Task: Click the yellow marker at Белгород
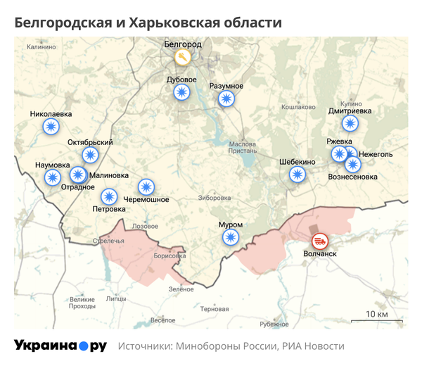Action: point(182,56)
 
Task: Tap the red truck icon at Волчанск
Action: point(319,241)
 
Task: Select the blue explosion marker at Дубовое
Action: point(182,92)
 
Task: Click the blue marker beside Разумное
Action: point(226,99)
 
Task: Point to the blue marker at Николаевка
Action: point(51,127)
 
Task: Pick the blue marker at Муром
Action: point(230,237)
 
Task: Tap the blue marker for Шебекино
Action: point(298,175)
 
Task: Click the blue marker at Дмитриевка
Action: point(350,124)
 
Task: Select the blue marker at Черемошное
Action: point(146,187)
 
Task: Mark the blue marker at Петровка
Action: point(109,196)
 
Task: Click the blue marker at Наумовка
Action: point(52,177)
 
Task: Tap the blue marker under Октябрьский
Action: point(90,155)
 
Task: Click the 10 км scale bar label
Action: point(376,313)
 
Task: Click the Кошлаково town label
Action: point(298,107)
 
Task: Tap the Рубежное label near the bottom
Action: point(274,324)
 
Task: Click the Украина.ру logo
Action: point(60,346)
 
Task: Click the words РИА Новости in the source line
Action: point(314,346)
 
